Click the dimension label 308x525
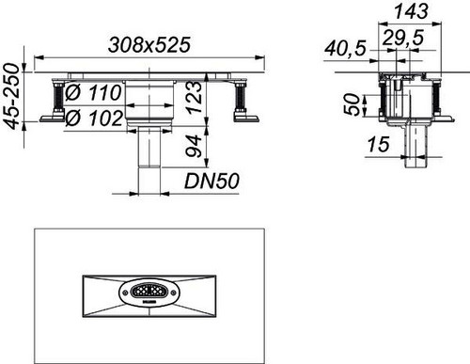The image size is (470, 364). click(x=149, y=44)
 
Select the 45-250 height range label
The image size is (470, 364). click(x=12, y=96)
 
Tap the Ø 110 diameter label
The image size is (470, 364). click(x=93, y=92)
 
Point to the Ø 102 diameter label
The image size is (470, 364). click(x=94, y=118)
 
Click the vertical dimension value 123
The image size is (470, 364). click(x=194, y=97)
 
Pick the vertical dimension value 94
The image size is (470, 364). click(x=193, y=146)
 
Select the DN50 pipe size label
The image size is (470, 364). click(x=211, y=182)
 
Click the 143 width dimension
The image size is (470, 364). click(x=411, y=11)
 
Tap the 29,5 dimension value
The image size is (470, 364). click(x=403, y=38)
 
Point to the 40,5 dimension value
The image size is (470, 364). click(x=345, y=49)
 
